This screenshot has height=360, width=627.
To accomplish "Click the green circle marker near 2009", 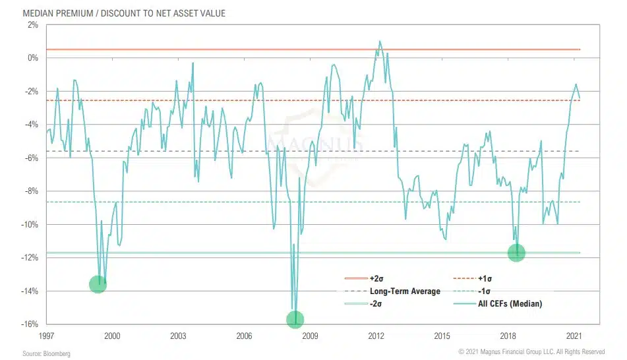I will pyautogui.click(x=295, y=320).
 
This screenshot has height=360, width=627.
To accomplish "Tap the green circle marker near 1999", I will pyautogui.click(x=98, y=284).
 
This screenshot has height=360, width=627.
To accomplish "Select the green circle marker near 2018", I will pyautogui.click(x=516, y=252).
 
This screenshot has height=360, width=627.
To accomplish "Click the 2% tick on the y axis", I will pyautogui.click(x=33, y=25).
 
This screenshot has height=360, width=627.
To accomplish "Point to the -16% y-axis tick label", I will pyautogui.click(x=30, y=324).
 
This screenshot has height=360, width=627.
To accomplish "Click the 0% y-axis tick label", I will pyautogui.click(x=33, y=58).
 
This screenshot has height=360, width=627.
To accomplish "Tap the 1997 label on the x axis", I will pyautogui.click(x=46, y=336).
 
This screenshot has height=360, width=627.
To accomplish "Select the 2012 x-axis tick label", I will pyautogui.click(x=376, y=336).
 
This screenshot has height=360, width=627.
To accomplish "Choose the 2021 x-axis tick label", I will pyautogui.click(x=574, y=336).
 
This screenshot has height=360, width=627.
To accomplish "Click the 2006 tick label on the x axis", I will pyautogui.click(x=244, y=336).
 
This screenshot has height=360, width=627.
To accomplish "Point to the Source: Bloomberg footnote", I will pyautogui.click(x=46, y=354).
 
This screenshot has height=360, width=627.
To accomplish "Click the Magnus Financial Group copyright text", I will pyautogui.click(x=532, y=352).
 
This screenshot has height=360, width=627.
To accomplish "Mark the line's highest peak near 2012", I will pyautogui.click(x=380, y=41).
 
